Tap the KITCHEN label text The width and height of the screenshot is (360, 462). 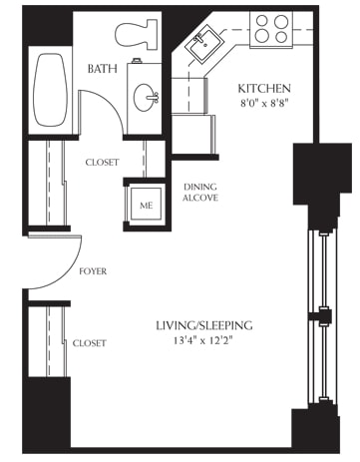pyautogui.click(x=263, y=89)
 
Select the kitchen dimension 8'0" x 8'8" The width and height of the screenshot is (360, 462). pyautogui.click(x=263, y=105)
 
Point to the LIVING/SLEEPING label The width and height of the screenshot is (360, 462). pyautogui.click(x=202, y=326)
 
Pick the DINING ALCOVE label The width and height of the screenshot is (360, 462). pyautogui.click(x=200, y=192)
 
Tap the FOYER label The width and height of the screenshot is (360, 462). pyautogui.click(x=92, y=271)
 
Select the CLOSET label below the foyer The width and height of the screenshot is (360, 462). pyautogui.click(x=90, y=342)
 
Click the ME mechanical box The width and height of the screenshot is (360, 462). pyautogui.click(x=146, y=206)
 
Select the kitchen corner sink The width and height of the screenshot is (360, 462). pyautogui.click(x=210, y=42)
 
